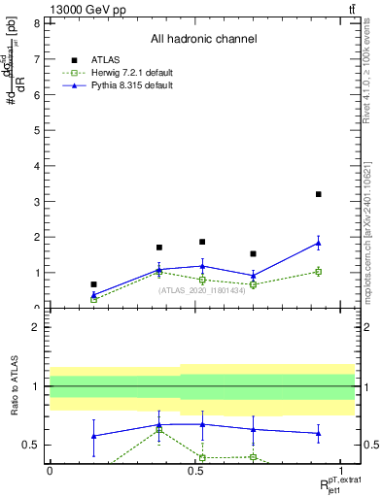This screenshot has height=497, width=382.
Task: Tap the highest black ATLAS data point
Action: [318, 194]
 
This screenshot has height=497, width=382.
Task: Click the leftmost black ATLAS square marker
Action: [93, 284]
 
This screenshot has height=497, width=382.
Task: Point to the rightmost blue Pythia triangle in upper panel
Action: [318, 243]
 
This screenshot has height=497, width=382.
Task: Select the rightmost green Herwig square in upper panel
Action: [318, 272]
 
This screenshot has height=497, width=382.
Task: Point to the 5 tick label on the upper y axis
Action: [36, 130]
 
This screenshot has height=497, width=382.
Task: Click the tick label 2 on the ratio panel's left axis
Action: [36, 327]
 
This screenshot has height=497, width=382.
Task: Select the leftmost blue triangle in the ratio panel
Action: [93, 436]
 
